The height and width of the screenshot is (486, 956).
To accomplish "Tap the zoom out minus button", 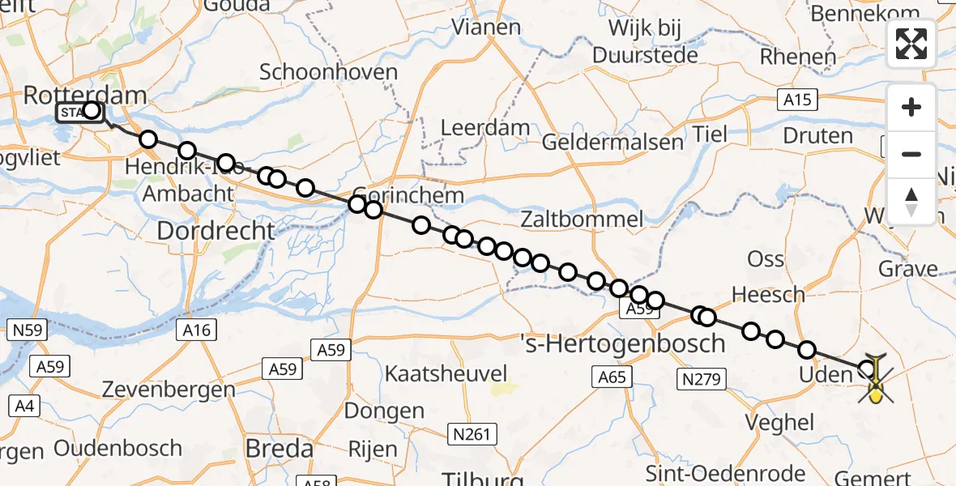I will (x=911, y=154).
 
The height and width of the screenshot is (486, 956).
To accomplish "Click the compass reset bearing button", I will (x=911, y=201).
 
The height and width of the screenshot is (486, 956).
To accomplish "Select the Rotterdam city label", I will (x=85, y=95).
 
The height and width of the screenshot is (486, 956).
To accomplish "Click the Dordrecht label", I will (x=216, y=231).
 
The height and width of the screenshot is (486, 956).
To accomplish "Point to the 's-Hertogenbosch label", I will (x=622, y=343).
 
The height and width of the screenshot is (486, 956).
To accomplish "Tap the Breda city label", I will (x=280, y=448).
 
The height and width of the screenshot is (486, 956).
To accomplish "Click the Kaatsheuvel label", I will (x=446, y=374).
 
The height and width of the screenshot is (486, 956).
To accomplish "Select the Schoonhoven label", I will (x=329, y=72).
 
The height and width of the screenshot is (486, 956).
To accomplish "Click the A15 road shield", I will (x=796, y=100).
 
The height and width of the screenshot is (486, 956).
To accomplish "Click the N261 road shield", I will (x=472, y=434).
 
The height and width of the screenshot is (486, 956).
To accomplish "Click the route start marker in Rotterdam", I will (x=91, y=111).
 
